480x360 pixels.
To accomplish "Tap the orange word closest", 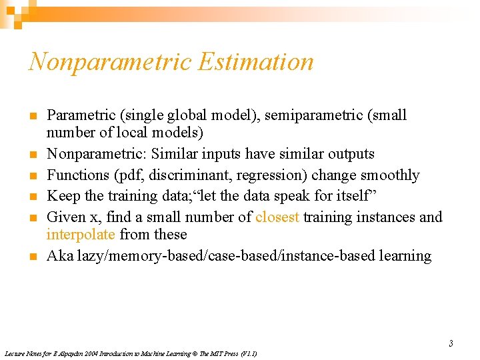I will tap(277, 217).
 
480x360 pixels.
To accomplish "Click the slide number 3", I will tap(451, 344).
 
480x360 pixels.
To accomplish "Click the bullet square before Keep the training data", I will tap(33, 197).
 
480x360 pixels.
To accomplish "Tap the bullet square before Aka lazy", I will tap(33, 257).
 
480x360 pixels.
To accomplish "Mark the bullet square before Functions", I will tap(33, 176).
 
